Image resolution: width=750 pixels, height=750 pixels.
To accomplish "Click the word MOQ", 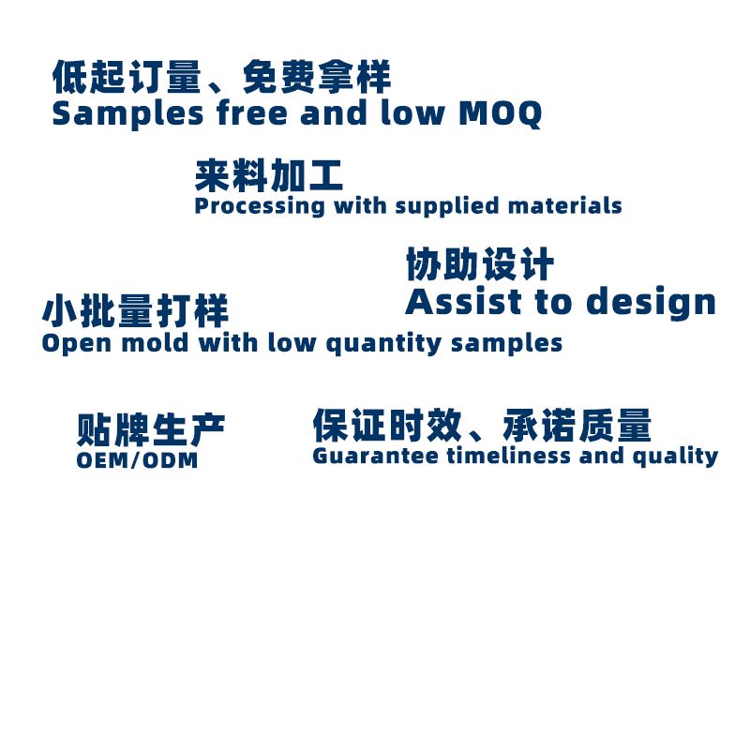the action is [501, 113].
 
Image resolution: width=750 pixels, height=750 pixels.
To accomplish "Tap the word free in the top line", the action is [251, 112].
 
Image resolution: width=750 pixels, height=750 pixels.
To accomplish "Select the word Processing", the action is [260, 206].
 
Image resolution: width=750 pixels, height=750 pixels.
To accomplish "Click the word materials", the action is [565, 205].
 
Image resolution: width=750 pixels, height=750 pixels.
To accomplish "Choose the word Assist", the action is [463, 301].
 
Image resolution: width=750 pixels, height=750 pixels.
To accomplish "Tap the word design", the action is [651, 302].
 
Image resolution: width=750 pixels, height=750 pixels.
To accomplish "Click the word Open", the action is [77, 344].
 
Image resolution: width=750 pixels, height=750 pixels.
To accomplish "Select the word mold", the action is [155, 343].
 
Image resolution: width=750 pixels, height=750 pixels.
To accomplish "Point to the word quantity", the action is [383, 344].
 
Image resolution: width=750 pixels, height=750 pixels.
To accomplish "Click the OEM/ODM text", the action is [137, 460].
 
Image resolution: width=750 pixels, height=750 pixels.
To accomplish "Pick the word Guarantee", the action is [376, 456].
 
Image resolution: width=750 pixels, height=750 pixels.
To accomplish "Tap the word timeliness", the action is [509, 455].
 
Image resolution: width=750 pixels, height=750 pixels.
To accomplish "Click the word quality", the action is [675, 457].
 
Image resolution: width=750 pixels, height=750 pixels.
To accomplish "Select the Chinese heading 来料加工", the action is [269, 175].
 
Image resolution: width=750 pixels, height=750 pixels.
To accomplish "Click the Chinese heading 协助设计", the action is [480, 263].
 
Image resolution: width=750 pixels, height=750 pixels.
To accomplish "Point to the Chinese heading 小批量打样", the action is [135, 311].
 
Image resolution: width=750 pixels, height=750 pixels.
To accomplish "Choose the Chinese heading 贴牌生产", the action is [151, 429].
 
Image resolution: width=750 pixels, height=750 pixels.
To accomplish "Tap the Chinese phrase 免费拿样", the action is [317, 77].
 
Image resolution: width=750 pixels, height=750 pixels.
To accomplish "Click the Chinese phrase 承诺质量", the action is [577, 425].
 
